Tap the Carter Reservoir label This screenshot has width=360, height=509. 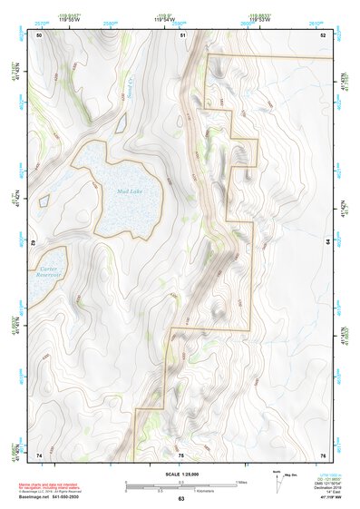48,272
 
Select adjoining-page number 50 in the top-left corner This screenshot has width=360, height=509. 39,34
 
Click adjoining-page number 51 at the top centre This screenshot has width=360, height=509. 182,34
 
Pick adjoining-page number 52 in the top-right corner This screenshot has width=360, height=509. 323,34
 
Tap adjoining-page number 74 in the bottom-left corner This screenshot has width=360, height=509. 39,455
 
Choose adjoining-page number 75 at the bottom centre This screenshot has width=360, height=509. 180,455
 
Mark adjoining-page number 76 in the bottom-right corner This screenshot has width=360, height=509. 323,455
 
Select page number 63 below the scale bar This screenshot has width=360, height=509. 180,499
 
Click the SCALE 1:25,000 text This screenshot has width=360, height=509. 180,475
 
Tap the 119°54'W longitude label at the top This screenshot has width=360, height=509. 180,18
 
